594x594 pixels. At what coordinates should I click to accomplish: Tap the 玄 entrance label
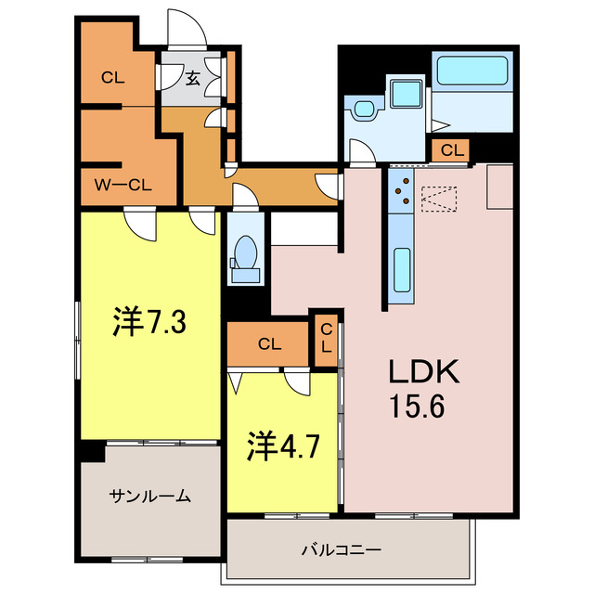(192, 78)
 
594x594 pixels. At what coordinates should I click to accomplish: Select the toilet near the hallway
(247, 254)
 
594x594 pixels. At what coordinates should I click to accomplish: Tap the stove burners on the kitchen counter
(404, 189)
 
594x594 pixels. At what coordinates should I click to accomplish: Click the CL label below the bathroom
(453, 149)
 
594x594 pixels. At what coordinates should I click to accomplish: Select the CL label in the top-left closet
(113, 78)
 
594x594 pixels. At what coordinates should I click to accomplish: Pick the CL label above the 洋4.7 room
(269, 344)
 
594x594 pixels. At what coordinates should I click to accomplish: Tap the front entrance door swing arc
(181, 28)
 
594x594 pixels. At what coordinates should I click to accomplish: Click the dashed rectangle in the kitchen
(440, 199)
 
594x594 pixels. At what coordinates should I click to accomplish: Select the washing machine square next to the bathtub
(406, 94)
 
